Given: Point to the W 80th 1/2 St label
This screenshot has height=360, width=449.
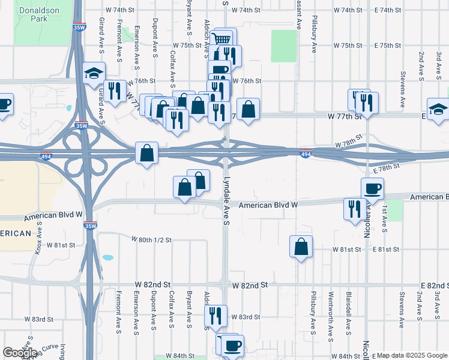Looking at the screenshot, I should pos(152,239).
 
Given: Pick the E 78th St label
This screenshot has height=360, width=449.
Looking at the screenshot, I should pos(385,170).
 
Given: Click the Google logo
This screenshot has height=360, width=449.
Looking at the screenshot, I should pos(20,353).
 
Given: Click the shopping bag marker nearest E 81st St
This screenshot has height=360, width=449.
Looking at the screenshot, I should pos(301,247).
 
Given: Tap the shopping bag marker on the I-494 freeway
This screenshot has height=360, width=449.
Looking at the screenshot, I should pos(147,154).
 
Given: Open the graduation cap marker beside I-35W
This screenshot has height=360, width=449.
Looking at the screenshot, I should pos(94,74).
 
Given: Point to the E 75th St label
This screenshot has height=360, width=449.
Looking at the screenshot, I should pos(387,46).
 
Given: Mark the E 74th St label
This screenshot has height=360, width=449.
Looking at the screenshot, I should pos(387,10).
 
